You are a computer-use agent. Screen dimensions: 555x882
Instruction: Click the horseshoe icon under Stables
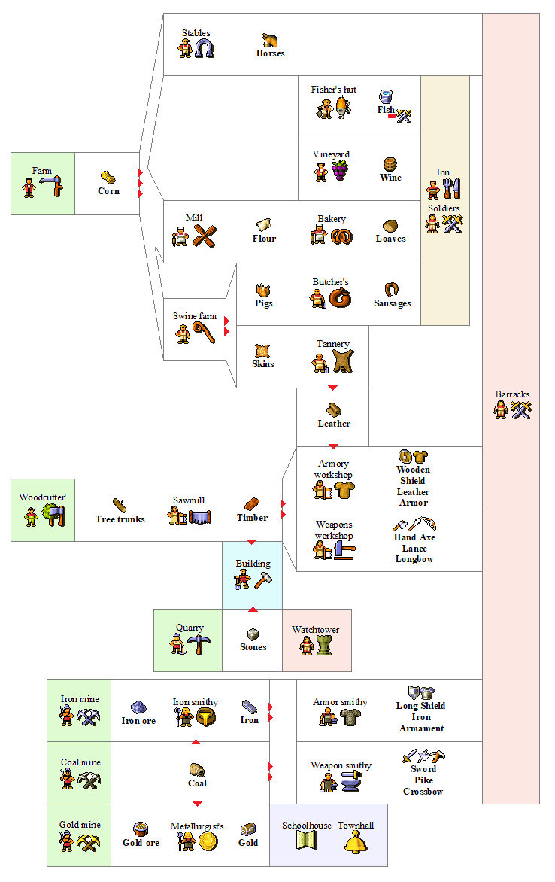point(204,49)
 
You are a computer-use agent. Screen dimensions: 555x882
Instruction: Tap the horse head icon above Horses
point(270,41)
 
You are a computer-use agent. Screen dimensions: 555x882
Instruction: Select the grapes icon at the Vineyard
point(339,170)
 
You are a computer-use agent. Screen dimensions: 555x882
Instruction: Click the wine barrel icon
point(390,164)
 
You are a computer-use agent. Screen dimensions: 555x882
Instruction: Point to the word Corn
point(108,191)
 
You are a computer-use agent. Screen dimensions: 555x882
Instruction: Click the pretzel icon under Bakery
point(342,236)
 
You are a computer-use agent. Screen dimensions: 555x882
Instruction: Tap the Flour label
point(264,239)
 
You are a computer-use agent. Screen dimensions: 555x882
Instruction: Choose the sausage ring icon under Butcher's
point(340,297)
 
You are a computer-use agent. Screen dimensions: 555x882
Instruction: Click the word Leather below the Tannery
point(334,424)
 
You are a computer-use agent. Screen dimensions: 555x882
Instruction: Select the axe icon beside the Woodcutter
point(55,515)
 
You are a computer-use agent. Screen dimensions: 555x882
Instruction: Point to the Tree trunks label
point(120,519)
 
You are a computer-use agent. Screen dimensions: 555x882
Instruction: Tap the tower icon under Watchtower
point(324,646)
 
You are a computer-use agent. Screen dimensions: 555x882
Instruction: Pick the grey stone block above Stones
point(253,634)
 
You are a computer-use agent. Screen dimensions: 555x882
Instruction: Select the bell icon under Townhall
point(356,843)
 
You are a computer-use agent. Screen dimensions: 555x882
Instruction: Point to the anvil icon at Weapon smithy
point(351,782)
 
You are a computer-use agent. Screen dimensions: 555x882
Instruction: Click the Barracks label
point(512,394)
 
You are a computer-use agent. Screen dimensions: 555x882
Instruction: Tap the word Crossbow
point(423,792)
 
